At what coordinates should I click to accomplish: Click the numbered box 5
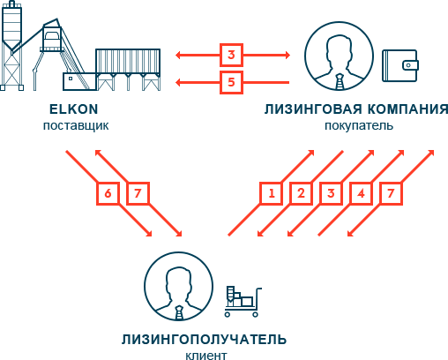(x=231, y=82)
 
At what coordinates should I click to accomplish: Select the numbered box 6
(x=108, y=193)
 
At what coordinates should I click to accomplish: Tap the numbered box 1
(x=272, y=193)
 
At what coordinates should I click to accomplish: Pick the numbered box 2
(x=301, y=193)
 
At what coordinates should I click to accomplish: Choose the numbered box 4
(x=361, y=193)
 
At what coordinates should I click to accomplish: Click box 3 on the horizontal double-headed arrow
(x=231, y=55)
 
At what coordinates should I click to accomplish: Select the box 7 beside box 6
(x=138, y=193)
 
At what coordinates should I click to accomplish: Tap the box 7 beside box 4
(x=391, y=193)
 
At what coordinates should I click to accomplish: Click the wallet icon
(x=400, y=65)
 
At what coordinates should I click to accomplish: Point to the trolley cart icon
(x=243, y=302)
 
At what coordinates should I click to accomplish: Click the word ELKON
(x=73, y=109)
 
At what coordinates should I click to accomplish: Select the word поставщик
(x=76, y=125)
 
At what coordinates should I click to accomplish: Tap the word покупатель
(x=359, y=125)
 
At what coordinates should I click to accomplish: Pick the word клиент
(x=206, y=356)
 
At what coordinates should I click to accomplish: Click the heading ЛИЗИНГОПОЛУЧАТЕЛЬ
(x=204, y=340)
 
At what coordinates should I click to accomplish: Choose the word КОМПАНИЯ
(x=408, y=109)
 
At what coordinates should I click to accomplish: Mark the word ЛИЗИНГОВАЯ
(x=313, y=109)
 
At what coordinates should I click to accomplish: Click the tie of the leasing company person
(x=340, y=82)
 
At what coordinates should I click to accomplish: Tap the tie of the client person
(x=179, y=312)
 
